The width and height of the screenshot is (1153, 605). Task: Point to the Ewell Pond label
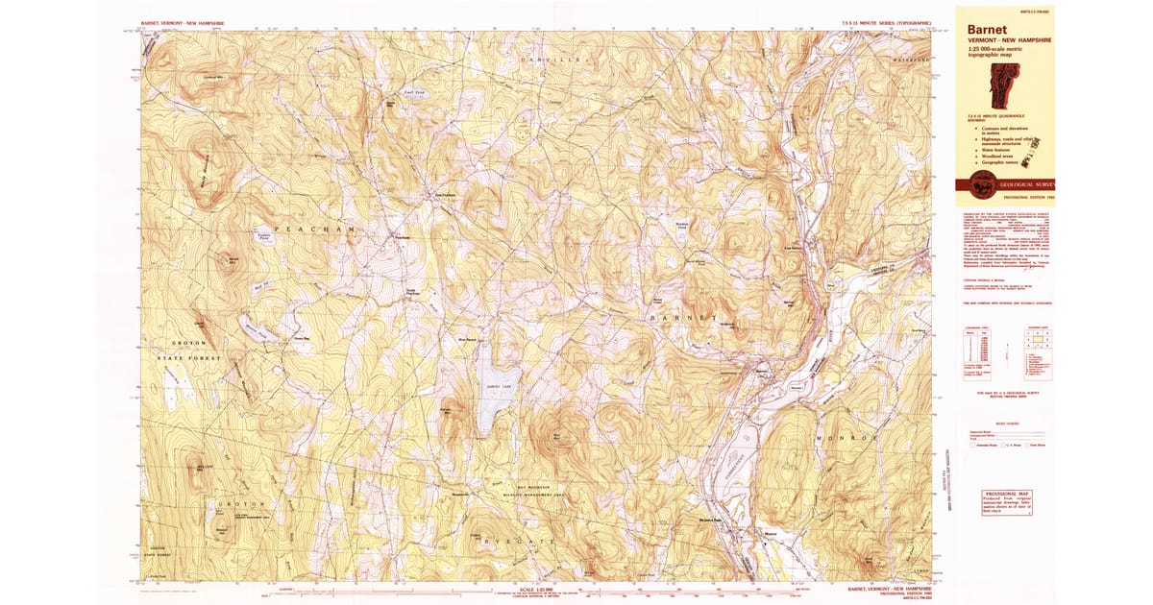point(413,93)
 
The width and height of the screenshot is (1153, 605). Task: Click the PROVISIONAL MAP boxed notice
point(1006,501)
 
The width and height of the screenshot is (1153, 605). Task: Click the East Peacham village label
point(442,194)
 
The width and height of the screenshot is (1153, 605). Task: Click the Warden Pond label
point(683,223)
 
